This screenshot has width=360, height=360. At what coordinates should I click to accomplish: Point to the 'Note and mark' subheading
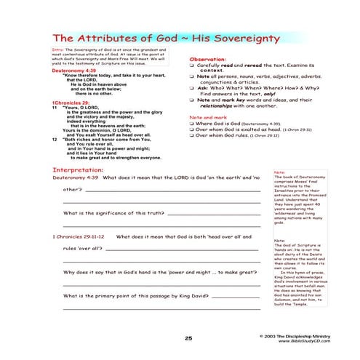click(208, 117)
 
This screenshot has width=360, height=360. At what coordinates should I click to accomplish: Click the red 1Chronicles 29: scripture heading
click(71, 103)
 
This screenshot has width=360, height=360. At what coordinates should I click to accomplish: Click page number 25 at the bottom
click(188, 338)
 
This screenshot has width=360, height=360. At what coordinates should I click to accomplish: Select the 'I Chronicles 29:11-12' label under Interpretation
click(79, 236)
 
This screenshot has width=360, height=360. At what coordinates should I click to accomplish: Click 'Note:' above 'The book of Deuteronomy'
click(279, 173)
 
